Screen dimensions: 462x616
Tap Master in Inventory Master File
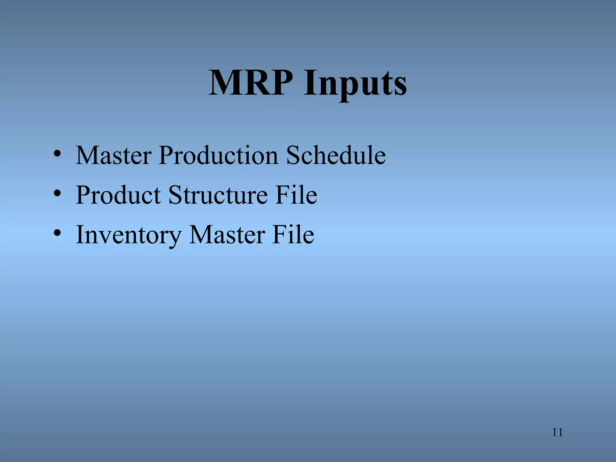point(227,235)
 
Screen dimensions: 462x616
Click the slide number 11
point(557,433)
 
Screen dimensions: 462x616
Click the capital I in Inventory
point(80,235)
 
